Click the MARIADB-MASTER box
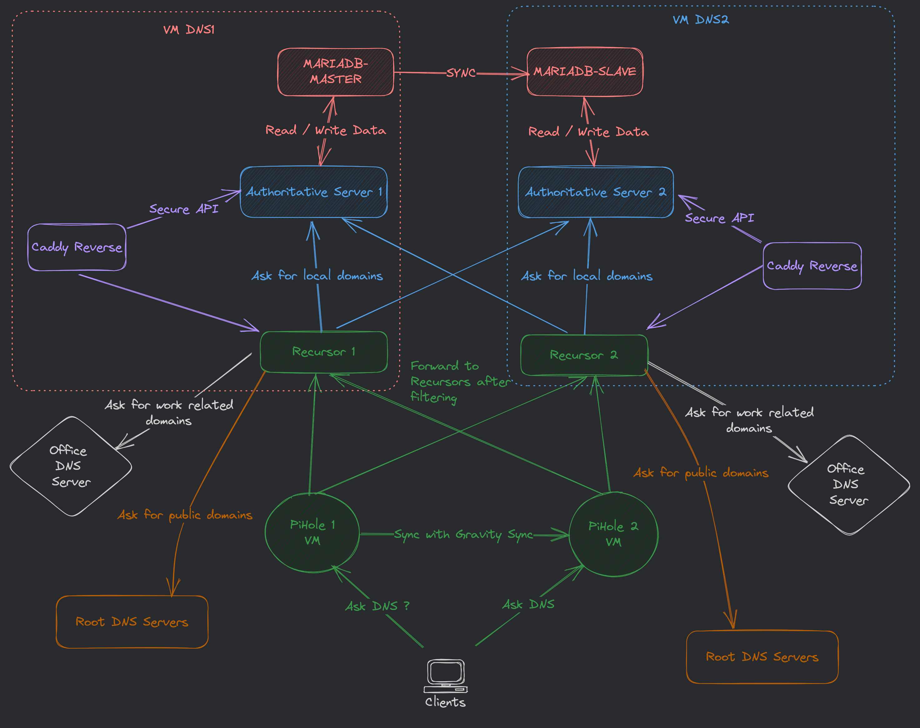click(x=335, y=71)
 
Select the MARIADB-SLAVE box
click(x=585, y=71)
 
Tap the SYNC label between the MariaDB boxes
click(x=461, y=73)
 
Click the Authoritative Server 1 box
click(x=314, y=192)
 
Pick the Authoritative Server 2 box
click(x=596, y=192)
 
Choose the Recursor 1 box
click(x=324, y=352)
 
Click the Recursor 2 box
click(x=584, y=355)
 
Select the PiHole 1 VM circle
click(x=312, y=532)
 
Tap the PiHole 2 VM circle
click(x=613, y=534)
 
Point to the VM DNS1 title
click(x=189, y=29)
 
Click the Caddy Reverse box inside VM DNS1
click(x=77, y=247)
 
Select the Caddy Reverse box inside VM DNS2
click(x=812, y=266)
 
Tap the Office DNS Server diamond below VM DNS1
click(x=71, y=466)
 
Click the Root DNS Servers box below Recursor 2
click(x=762, y=657)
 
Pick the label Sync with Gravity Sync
click(x=463, y=534)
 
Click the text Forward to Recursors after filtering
click(x=460, y=381)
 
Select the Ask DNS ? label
click(x=377, y=606)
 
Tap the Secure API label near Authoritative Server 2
click(x=719, y=218)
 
